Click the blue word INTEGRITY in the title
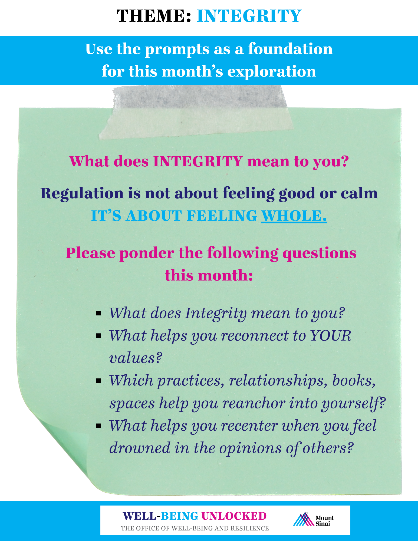tap(249, 16)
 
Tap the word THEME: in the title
tap(154, 16)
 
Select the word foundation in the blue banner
tap(290, 49)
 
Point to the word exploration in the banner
tap(272, 72)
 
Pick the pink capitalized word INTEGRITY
tap(198, 161)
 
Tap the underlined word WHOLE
tap(294, 216)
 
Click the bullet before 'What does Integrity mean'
tap(98, 314)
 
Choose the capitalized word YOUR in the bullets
tap(330, 336)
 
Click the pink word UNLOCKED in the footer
tap(234, 516)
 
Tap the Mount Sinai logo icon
tap(304, 519)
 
